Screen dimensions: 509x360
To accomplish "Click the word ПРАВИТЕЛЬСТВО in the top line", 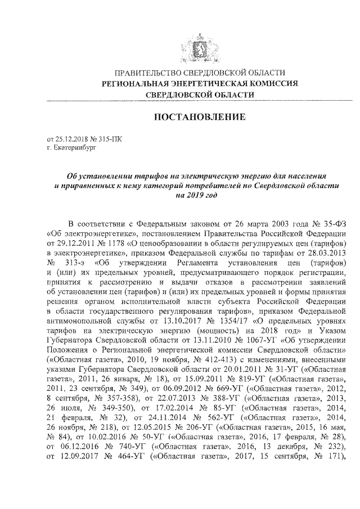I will click(147, 73).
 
